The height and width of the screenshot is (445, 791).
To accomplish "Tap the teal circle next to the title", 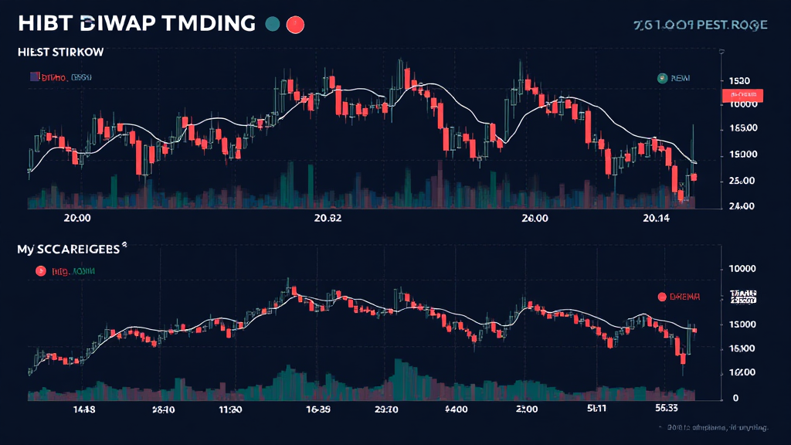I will (x=272, y=24).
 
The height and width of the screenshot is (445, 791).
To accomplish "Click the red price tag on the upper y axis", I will (x=741, y=95).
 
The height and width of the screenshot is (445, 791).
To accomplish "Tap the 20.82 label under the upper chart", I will (x=328, y=219).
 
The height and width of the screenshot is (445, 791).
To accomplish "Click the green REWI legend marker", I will (x=661, y=78).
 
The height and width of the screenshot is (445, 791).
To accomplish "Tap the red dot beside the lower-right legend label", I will (x=661, y=297).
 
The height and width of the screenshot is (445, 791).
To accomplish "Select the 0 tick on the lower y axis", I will (x=735, y=398).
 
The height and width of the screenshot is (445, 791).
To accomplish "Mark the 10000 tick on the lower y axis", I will (x=741, y=269).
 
